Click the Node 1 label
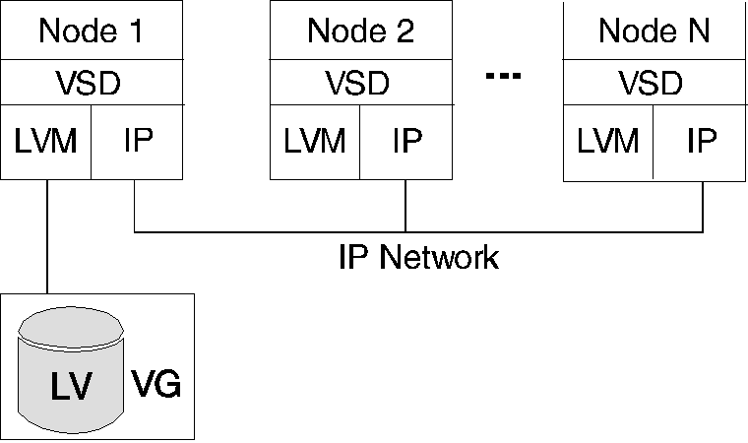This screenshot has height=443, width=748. coord(92,31)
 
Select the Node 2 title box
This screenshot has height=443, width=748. coord(360,31)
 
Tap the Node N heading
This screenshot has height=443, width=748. coord(655,31)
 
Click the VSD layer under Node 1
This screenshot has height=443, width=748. coord(92,83)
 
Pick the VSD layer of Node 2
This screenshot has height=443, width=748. coord(360,83)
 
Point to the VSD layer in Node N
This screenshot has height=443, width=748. coord(655,83)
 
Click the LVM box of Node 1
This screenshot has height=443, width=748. coord(46,142)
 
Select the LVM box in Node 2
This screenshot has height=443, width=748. coord(315,142)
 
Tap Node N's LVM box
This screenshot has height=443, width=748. coord(607,142)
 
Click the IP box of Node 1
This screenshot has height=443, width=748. coord(138,142)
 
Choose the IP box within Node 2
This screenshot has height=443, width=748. coord(406,142)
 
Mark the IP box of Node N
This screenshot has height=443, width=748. coord(701,142)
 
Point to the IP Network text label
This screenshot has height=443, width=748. coord(418,258)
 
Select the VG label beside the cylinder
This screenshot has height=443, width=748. coord(156,383)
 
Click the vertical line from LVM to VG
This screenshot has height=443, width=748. coord(47,236)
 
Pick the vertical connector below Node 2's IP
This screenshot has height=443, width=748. coord(405,206)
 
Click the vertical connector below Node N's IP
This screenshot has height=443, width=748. coord(703,206)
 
